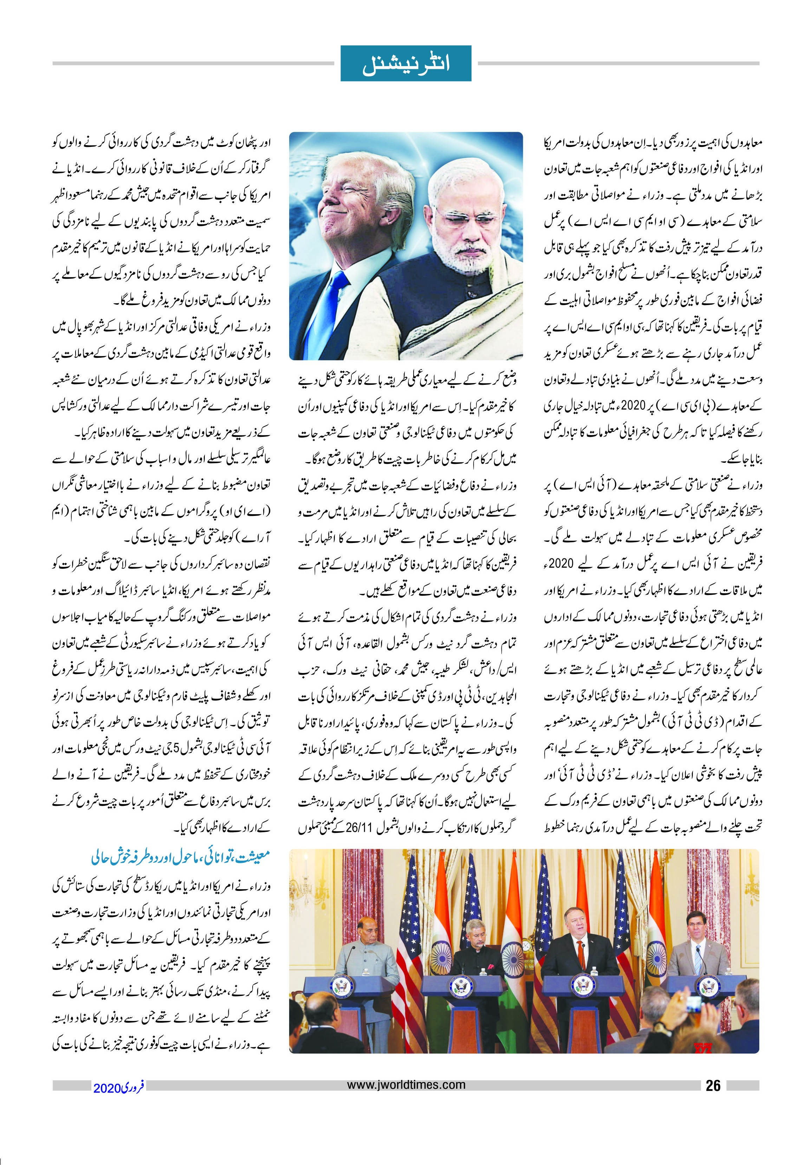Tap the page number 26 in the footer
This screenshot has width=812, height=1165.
(x=713, y=1086)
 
